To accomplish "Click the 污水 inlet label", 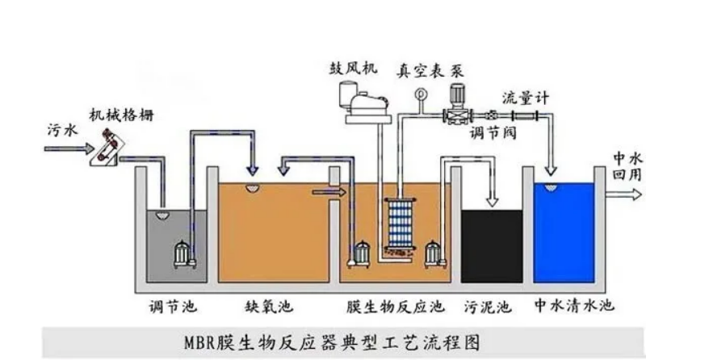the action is click(x=62, y=130).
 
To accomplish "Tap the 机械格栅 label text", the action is click(x=121, y=115).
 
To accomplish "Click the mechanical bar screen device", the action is click(x=107, y=147).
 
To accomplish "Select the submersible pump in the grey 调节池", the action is click(x=183, y=254).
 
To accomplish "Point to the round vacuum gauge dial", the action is click(x=421, y=94).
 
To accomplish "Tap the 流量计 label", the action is click(x=526, y=98).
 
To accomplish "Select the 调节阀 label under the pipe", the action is click(x=493, y=132).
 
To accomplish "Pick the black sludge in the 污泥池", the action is click(x=492, y=246).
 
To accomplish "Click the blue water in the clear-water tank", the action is click(x=564, y=232).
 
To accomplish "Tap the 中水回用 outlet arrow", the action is click(x=623, y=195).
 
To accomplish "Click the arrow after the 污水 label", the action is click(x=69, y=149).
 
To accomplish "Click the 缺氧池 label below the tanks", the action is click(x=269, y=307).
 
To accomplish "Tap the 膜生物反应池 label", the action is click(x=396, y=307).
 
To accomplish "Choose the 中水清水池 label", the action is click(x=574, y=306).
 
